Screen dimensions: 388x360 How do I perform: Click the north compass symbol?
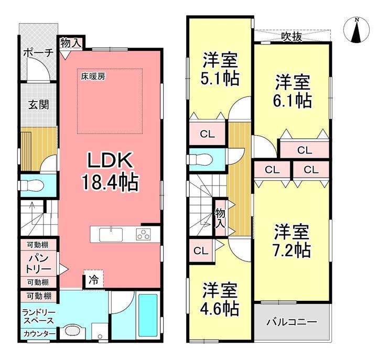click(x=357, y=30)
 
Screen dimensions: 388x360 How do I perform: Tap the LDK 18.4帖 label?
click(x=110, y=171)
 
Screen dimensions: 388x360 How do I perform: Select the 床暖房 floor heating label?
click(x=93, y=77)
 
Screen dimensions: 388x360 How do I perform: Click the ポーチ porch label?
click(x=38, y=53)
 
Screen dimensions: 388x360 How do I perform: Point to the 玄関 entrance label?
click(x=38, y=105)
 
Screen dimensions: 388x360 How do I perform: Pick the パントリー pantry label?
click(x=39, y=264)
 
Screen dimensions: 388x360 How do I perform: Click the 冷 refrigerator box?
click(x=94, y=280)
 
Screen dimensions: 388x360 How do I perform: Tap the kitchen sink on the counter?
click(x=111, y=235)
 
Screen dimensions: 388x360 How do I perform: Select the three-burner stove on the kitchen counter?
click(x=143, y=235)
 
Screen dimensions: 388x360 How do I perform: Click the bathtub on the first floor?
click(x=148, y=315)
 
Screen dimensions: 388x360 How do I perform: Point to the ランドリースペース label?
click(x=39, y=317)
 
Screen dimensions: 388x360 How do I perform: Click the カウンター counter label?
click(x=40, y=334)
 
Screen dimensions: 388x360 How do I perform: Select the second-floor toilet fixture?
click(x=200, y=159)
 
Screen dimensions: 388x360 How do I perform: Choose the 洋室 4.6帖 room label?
click(x=220, y=299)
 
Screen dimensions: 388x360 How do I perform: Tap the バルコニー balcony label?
click(x=292, y=322)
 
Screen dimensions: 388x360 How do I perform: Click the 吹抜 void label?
click(x=292, y=37)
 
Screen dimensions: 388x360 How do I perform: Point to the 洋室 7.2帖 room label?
click(x=292, y=241)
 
